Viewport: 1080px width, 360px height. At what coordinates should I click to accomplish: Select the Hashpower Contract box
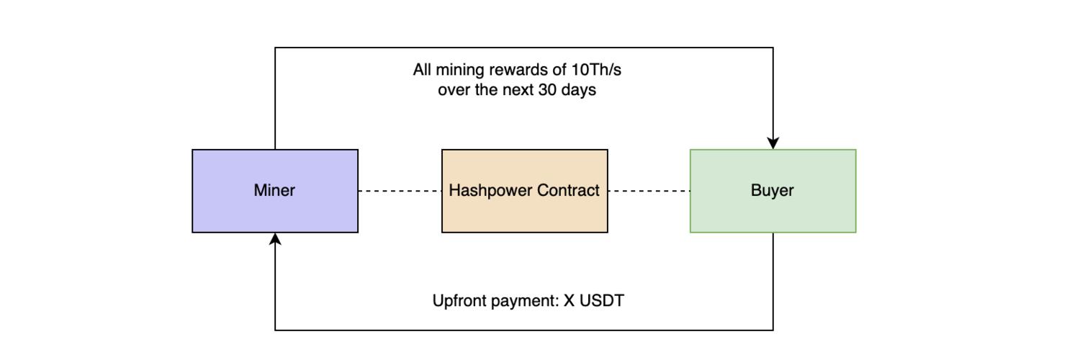click(x=524, y=216)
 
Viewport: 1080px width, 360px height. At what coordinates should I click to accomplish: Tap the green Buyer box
click(x=814, y=212)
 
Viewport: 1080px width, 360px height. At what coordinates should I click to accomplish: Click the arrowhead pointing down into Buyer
click(x=773, y=143)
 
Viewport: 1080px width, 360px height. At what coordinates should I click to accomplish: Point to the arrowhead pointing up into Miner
click(x=275, y=239)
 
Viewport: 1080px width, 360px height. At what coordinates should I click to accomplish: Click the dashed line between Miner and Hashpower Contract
click(x=400, y=191)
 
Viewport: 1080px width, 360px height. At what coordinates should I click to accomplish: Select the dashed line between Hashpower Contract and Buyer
click(x=649, y=191)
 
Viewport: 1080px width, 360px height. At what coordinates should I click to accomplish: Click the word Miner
click(x=274, y=191)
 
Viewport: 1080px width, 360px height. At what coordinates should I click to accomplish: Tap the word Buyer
click(x=773, y=191)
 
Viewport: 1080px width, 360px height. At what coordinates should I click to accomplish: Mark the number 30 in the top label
click(x=547, y=91)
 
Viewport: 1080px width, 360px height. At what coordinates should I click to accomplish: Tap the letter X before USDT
click(x=569, y=301)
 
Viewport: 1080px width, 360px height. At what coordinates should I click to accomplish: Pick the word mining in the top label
click(x=462, y=71)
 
